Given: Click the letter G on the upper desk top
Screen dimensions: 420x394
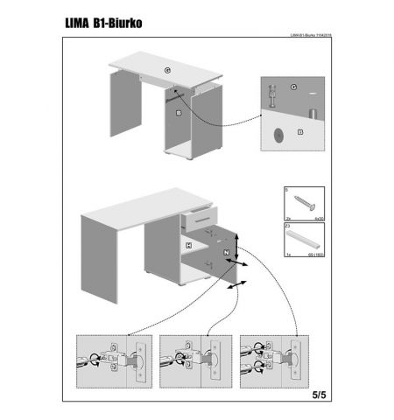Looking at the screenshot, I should (166, 69).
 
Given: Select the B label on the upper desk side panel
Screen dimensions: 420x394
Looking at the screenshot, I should (178, 113).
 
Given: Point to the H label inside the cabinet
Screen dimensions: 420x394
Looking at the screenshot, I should (188, 247).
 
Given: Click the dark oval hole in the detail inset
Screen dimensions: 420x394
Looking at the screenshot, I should (278, 135).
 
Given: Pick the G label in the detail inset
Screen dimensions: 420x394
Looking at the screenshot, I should (294, 88).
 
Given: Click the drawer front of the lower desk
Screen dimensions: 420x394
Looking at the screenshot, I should (199, 216).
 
